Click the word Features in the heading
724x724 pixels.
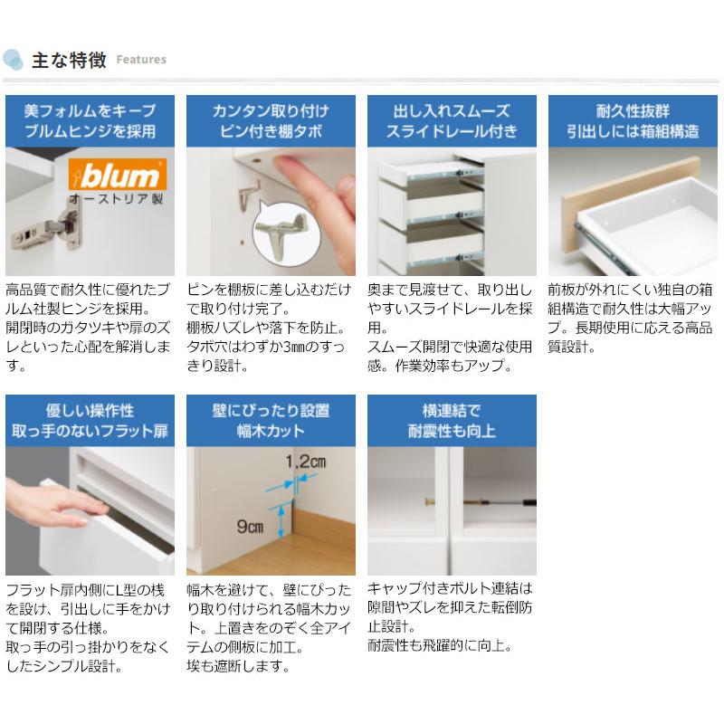[141, 60]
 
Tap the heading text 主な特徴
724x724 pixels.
[69, 60]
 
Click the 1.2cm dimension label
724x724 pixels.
[304, 462]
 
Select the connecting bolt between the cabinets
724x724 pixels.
[452, 500]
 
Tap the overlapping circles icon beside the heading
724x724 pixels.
[13, 60]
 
